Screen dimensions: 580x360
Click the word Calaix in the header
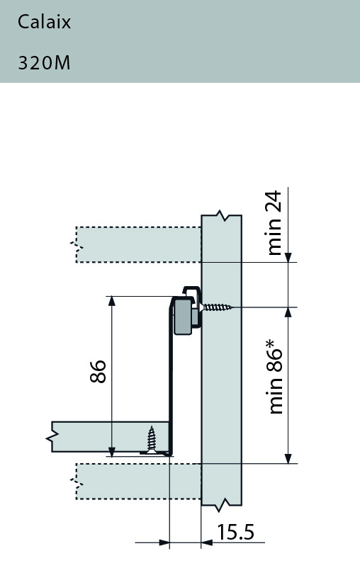coord(44,23)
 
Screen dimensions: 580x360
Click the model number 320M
coord(44,63)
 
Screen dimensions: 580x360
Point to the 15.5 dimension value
coord(235,532)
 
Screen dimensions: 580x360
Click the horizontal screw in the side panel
coord(218,307)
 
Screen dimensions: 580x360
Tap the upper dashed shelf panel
coord(138,244)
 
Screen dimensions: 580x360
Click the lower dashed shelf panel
coord(138,481)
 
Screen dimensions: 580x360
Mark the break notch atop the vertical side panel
coord(223,214)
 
